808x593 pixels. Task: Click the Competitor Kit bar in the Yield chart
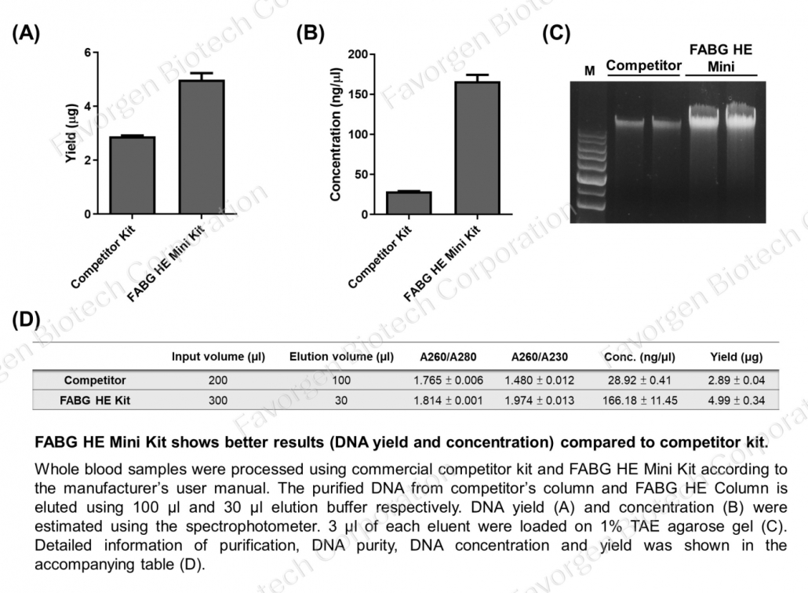[132, 175]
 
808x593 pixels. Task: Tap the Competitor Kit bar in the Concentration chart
[409, 203]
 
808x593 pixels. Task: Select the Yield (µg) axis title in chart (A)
[71, 133]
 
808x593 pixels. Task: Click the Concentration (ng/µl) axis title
[336, 134]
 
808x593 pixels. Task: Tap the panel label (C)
[556, 32]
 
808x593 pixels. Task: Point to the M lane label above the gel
[590, 71]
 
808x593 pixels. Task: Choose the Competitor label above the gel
[643, 65]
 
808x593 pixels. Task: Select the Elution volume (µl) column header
[341, 357]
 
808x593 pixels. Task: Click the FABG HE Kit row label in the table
[95, 400]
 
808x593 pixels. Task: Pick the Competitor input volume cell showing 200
[218, 380]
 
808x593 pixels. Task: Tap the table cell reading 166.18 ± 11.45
[639, 400]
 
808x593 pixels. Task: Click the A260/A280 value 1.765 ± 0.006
[448, 380]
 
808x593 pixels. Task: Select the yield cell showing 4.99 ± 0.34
[735, 400]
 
